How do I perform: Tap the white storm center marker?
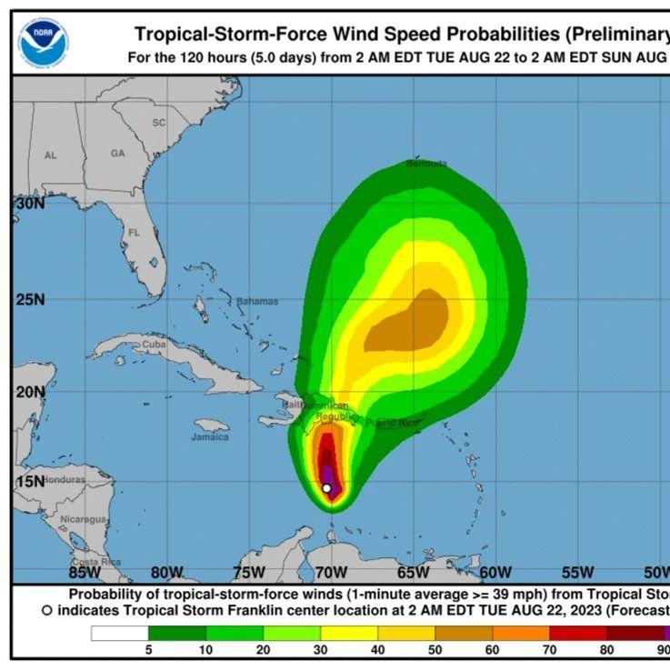(326, 488)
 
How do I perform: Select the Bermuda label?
(426, 164)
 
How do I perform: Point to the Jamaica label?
(210, 436)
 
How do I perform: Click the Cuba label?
(155, 345)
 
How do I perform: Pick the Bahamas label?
(257, 301)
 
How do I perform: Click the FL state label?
(134, 233)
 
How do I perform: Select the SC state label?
(159, 123)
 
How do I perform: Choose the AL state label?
(51, 155)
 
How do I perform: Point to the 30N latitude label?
(30, 204)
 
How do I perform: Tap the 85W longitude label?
(85, 572)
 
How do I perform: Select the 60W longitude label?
(495, 572)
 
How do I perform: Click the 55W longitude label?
(577, 572)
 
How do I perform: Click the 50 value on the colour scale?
(435, 649)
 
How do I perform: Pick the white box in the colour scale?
(119, 633)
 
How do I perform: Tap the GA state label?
(117, 154)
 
